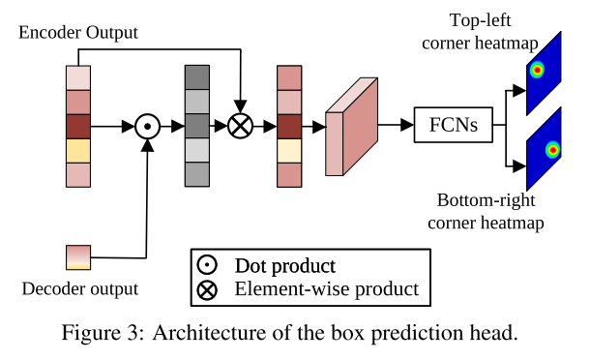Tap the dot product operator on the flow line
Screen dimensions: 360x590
147,126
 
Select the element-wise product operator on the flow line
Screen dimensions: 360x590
240,126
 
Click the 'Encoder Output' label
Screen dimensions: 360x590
78,33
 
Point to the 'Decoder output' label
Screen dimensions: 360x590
79,288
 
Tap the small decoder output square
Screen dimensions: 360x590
77,256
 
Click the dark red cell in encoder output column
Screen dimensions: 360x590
77,126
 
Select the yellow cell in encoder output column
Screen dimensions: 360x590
77,150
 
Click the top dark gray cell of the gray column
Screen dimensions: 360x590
196,76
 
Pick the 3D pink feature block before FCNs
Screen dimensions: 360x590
349,127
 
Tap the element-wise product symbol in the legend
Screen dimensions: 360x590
207,288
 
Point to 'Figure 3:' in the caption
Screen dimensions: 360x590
101,334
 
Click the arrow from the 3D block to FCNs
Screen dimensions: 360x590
395,126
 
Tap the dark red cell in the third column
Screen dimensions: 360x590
289,126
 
